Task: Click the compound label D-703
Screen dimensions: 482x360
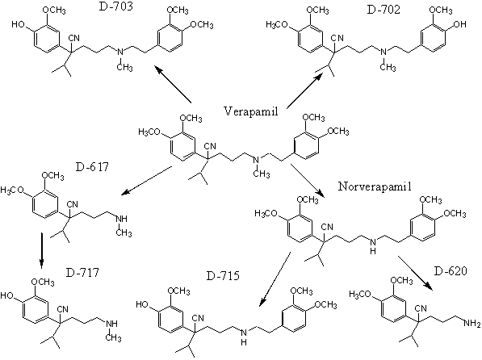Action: coord(116,6)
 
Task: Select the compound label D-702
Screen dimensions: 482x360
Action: coord(384,10)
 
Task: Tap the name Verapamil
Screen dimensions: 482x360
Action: coord(251,111)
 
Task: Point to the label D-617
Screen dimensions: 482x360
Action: coord(92,166)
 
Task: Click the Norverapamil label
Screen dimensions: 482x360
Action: coord(375,186)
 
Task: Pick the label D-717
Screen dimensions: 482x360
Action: coord(82,272)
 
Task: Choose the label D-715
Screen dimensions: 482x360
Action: coord(223,276)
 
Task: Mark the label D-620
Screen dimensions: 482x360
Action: coord(451,271)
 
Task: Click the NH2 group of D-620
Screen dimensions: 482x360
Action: coord(472,323)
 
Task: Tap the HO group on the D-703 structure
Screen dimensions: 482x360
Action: coord(19,24)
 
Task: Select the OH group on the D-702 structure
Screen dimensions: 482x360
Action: coord(459,24)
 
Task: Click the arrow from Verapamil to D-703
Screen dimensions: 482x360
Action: coord(173,84)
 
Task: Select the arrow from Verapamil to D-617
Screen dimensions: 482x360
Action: coord(147,181)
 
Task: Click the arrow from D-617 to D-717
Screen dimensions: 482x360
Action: coord(42,250)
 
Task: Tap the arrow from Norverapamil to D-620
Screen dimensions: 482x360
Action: coord(416,273)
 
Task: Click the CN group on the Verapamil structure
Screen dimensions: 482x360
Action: coord(210,146)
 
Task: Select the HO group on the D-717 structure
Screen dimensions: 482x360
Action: coord(7,295)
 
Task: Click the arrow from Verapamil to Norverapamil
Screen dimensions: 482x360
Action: coord(308,181)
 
